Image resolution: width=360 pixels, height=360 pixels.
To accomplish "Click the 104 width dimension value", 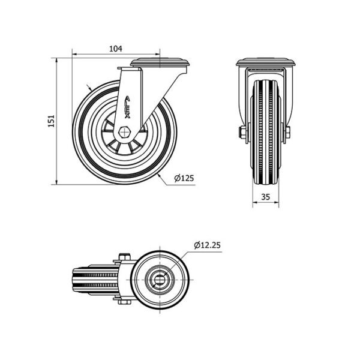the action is click(115, 49).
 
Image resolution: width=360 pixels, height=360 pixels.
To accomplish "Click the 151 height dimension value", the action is click(51, 121).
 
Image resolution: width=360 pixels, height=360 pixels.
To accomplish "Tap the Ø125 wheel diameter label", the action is click(184, 178).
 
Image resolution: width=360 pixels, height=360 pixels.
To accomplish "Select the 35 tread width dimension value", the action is click(265, 197).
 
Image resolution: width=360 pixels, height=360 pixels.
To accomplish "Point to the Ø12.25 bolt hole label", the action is click(207, 245).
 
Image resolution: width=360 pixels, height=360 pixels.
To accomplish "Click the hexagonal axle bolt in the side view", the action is click(124, 132).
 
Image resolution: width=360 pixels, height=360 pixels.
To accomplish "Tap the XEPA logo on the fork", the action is click(127, 107).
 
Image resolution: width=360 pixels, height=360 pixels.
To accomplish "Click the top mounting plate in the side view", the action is click(160, 62).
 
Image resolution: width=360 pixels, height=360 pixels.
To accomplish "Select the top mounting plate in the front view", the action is click(266, 63).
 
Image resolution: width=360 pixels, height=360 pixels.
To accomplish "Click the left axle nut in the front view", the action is click(243, 133).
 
